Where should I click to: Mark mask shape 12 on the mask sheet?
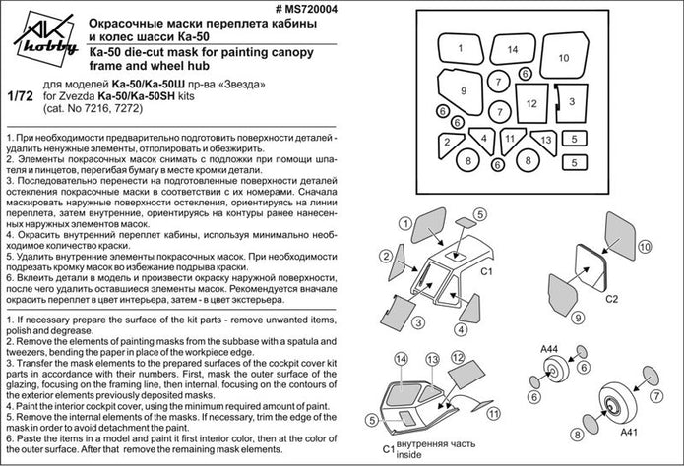pos(530,101)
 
